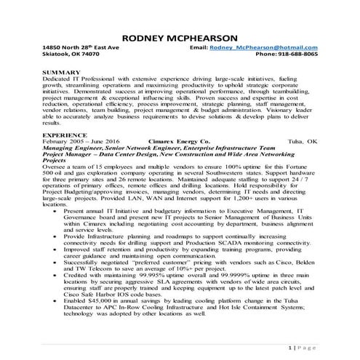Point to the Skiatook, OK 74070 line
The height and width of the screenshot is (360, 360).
(71, 55)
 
